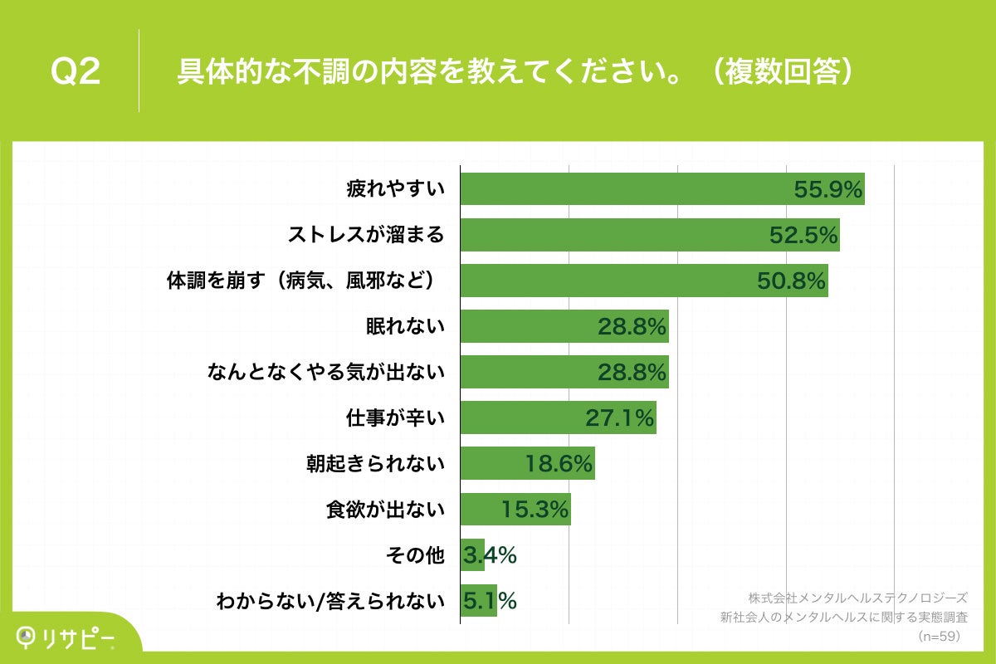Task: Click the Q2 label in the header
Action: pyautogui.click(x=76, y=72)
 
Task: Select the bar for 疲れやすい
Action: pyautogui.click(x=622, y=189)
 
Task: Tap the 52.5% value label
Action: pyautogui.click(x=803, y=236)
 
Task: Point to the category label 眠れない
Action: pyautogui.click(x=405, y=327)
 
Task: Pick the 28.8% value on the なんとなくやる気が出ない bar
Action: pyautogui.click(x=632, y=373)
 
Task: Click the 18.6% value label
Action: pyautogui.click(x=559, y=464)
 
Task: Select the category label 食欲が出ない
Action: pyautogui.click(x=385, y=510)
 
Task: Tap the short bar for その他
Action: pyautogui.click(x=472, y=555)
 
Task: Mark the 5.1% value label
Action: pyautogui.click(x=490, y=600)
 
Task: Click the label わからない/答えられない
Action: pyautogui.click(x=330, y=600)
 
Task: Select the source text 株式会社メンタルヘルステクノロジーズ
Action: pyautogui.click(x=857, y=598)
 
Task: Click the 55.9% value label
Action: pyautogui.click(x=828, y=190)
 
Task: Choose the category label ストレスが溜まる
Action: pyautogui.click(x=366, y=236)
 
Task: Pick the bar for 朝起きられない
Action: pyautogui.click(x=527, y=464)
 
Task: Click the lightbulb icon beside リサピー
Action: pyautogui.click(x=27, y=637)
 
